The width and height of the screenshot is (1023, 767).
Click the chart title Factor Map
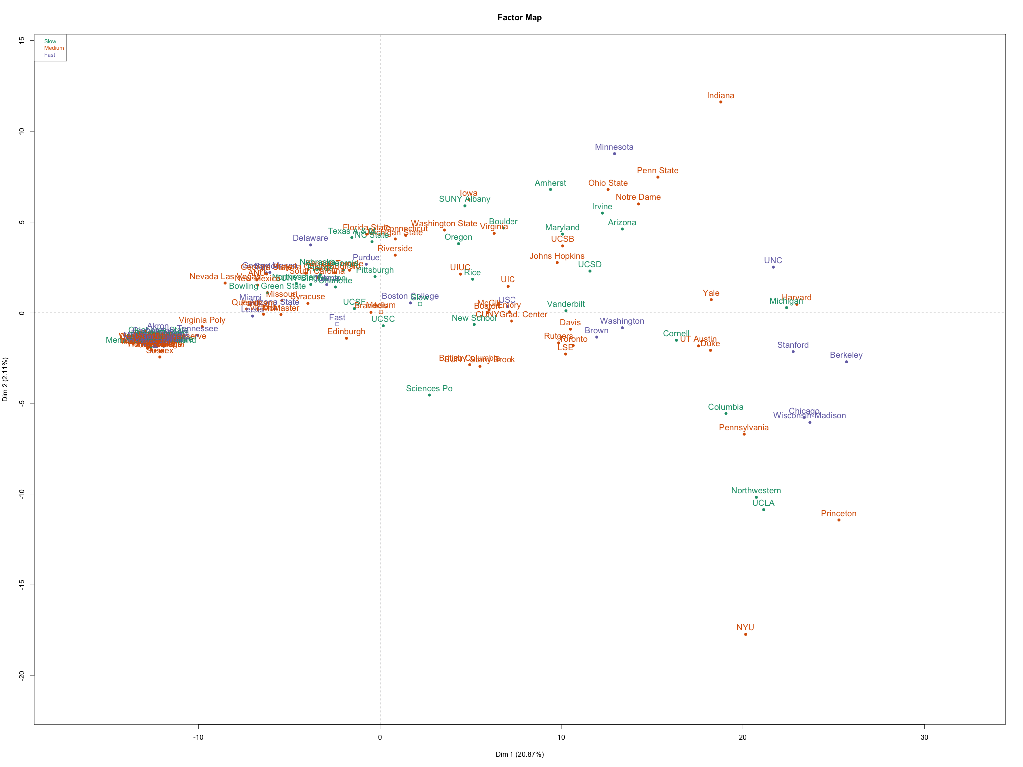coord(519,18)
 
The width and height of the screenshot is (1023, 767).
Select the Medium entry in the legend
coord(54,48)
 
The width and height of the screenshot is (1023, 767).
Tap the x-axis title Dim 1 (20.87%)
coord(519,754)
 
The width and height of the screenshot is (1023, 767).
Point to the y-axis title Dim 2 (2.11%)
coord(6,379)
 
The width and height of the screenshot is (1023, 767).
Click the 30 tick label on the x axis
coord(924,738)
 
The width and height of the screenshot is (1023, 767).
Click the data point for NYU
coord(745,634)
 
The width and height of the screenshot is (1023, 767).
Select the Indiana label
coord(720,96)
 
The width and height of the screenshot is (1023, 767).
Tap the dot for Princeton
coord(839,520)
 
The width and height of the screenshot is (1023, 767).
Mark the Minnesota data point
coord(614,153)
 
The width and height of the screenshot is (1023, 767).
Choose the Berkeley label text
coord(846,355)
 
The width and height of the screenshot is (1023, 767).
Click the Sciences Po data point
coord(429,395)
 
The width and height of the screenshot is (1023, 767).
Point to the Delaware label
coord(310,238)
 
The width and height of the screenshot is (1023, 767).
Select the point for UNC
coord(773,267)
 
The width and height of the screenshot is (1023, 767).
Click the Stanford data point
coord(793,351)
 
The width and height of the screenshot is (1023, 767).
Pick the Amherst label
coord(550,183)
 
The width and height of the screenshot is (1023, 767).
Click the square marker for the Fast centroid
coord(337,324)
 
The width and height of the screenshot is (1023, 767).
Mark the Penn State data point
coord(658,177)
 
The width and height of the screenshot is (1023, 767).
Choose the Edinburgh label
coord(346,332)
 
